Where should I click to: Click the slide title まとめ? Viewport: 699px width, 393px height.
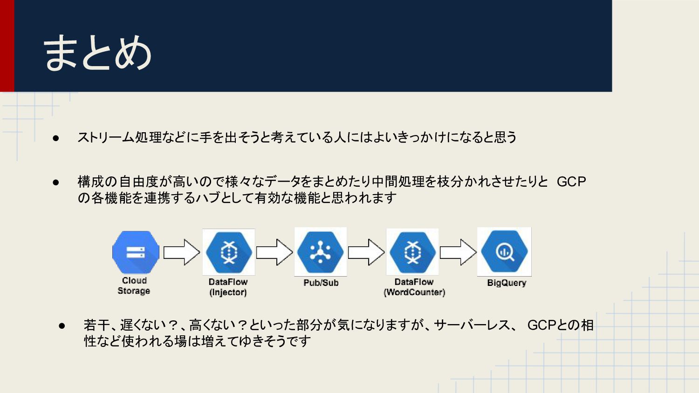98,53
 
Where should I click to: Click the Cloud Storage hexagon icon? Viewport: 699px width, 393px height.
136,252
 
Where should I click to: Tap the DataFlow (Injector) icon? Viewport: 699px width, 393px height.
228,252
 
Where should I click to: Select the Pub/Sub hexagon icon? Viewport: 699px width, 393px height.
320,252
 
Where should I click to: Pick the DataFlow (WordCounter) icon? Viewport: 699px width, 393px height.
412,252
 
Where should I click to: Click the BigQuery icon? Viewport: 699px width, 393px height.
504,252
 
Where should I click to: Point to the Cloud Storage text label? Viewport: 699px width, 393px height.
134,286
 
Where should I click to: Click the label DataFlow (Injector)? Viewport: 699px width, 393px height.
228,287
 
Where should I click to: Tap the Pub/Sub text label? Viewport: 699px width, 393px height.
321,283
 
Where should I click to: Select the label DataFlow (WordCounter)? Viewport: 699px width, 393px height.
414,287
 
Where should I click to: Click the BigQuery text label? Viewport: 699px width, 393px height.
507,283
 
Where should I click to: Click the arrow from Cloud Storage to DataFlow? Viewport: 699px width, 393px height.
181,252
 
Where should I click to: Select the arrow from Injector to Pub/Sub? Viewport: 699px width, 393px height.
274,252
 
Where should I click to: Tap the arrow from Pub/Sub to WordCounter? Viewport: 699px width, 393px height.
366,252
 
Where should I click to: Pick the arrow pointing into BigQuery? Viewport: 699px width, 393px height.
458,252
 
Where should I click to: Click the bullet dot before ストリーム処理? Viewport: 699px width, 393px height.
56,138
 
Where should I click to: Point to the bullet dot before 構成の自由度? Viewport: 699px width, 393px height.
56,182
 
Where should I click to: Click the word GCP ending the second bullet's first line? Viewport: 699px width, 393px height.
571,182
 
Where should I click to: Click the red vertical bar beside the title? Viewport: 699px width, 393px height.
7,46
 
